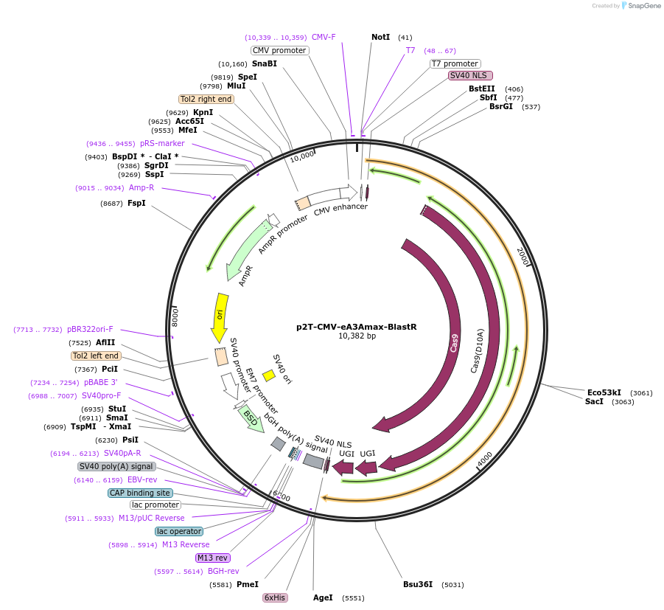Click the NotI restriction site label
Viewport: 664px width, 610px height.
point(380,37)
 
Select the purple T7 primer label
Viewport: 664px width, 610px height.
point(410,50)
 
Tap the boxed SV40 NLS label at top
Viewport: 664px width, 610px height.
point(470,75)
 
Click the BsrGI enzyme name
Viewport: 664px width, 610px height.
point(501,106)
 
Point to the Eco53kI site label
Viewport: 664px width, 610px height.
point(604,392)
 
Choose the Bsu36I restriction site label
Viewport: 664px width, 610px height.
point(418,584)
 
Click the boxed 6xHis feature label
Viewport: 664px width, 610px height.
point(275,597)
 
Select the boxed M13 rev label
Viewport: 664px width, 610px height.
point(213,558)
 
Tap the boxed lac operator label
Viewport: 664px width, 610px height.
point(178,531)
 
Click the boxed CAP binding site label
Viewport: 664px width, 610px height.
point(140,493)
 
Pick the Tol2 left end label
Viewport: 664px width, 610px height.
point(96,356)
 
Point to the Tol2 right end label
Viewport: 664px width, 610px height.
point(206,99)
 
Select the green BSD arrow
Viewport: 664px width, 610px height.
point(251,418)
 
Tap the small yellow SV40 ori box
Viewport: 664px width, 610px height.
point(269,375)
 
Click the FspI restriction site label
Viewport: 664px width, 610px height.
point(136,203)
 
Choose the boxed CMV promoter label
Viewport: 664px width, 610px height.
point(279,50)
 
